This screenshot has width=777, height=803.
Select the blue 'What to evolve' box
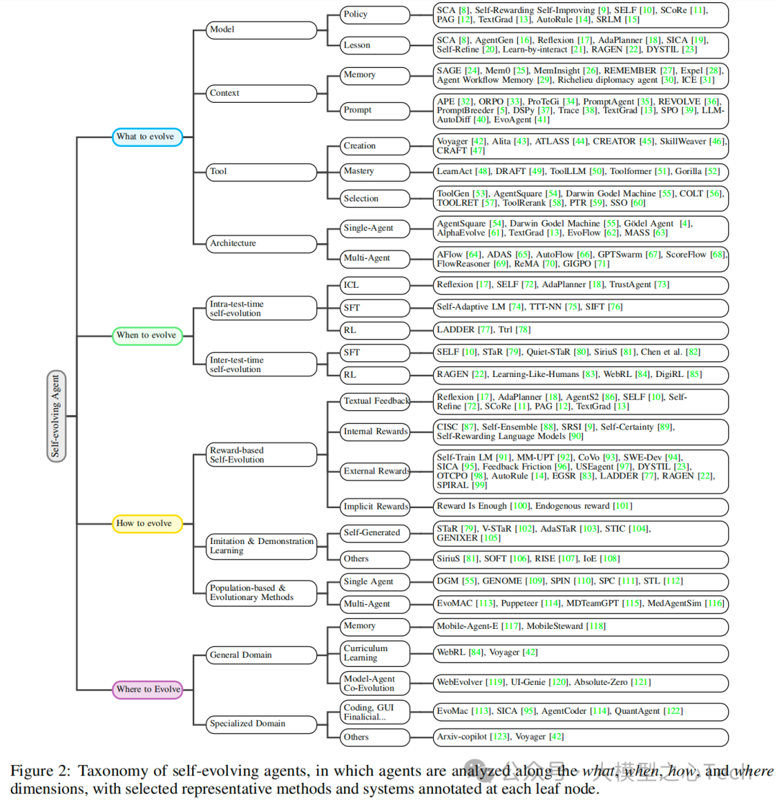[x=148, y=137]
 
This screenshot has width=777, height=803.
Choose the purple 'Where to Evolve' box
[x=148, y=690]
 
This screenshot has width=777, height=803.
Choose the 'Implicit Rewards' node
[x=376, y=507]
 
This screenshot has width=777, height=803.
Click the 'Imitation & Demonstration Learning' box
[x=261, y=545]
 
